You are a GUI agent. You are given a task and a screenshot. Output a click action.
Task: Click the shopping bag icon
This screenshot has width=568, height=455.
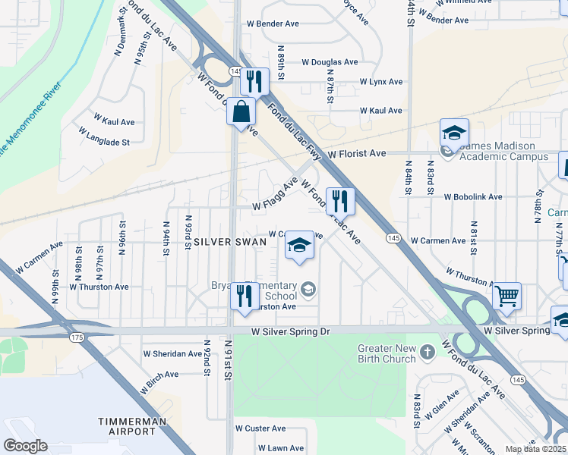click(x=241, y=112)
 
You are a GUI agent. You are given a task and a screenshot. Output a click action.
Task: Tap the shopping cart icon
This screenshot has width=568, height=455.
click(x=506, y=295)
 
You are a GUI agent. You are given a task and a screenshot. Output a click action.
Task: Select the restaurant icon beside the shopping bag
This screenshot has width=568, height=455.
click(x=255, y=80)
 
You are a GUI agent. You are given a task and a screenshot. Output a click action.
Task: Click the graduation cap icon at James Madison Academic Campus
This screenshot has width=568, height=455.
click(x=454, y=133)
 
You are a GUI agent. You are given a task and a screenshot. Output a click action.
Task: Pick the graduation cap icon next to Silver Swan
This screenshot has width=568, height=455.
click(x=299, y=245)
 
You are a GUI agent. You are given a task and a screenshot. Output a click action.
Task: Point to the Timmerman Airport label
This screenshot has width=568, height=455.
click(x=127, y=425)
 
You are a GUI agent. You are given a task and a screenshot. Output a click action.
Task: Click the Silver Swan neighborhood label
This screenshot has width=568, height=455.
click(x=229, y=242)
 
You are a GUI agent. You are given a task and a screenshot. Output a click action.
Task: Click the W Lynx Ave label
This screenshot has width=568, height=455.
click(x=380, y=81)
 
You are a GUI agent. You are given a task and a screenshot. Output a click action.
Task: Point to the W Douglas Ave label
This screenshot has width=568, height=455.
click(x=329, y=62)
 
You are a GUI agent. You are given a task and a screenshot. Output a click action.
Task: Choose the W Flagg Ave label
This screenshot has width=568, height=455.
click(x=275, y=194)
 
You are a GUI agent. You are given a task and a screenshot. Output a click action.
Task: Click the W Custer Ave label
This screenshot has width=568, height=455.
click(x=260, y=428)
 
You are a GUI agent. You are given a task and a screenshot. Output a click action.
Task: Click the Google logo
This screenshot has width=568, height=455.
click(x=25, y=446)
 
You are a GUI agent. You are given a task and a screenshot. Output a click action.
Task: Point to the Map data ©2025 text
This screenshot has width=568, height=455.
click(x=535, y=449)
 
